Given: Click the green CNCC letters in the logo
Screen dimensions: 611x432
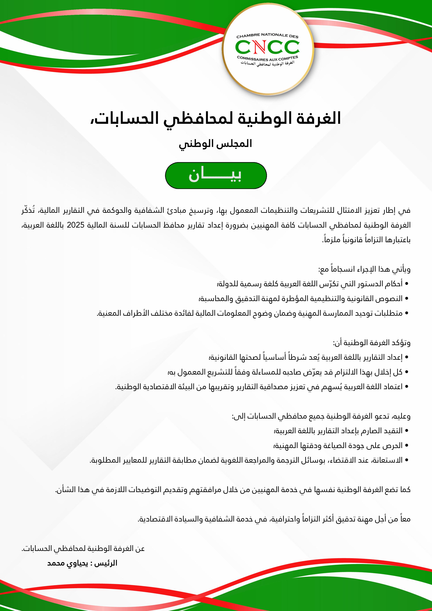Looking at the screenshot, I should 267,47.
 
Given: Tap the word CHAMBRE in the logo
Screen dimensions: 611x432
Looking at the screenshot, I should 248,36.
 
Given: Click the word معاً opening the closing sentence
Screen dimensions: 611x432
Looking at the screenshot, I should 403,519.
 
